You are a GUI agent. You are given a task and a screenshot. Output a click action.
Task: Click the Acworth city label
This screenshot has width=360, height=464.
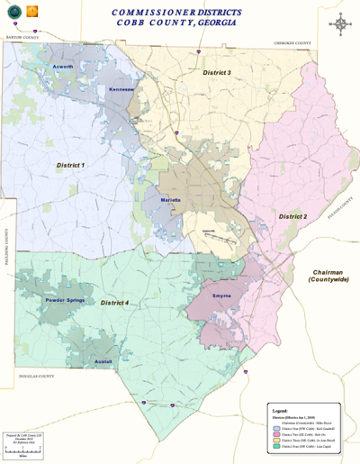pos(62,67)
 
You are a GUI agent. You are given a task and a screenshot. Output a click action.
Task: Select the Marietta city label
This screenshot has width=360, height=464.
pos(170,198)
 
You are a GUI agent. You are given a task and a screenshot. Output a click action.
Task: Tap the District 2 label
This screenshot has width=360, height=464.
pos(292,217)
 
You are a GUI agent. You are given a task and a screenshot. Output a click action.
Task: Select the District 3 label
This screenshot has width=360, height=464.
pos(216,72)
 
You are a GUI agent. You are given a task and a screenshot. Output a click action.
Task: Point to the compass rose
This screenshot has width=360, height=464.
pos(341,23)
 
